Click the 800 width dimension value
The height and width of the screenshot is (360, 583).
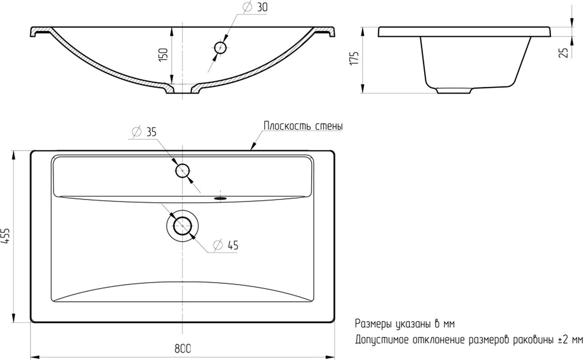183,349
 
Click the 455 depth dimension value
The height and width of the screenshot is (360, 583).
5,236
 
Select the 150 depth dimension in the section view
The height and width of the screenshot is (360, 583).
163,54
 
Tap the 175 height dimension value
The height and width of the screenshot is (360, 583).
354,58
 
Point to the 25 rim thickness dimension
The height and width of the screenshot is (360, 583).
564,53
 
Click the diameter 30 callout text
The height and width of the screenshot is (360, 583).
255,7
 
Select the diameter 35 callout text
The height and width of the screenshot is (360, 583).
144,131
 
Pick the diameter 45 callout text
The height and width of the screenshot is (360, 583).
226,245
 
